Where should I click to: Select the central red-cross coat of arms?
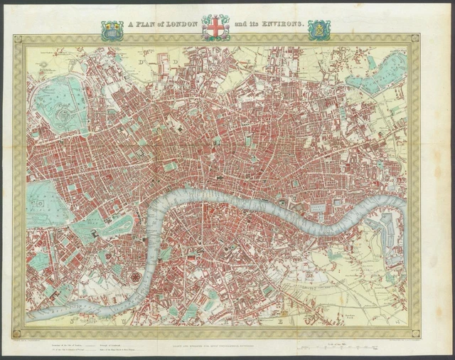[x=215, y=27]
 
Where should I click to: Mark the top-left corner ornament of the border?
[x=19, y=40]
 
